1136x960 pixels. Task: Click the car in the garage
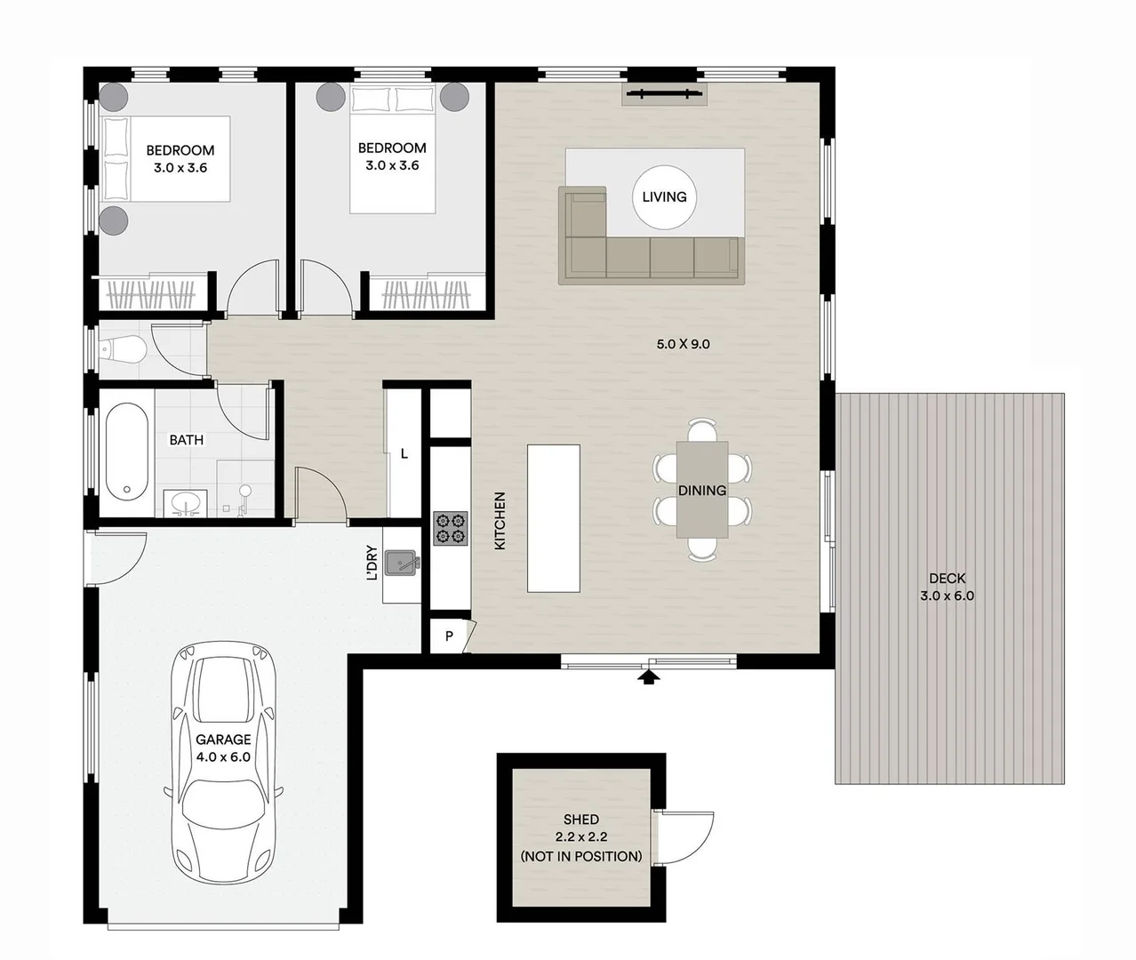point(224,764)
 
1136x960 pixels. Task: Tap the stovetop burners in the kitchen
point(451,528)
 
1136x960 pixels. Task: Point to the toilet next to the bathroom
point(124,350)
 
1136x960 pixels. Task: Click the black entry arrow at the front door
point(650,678)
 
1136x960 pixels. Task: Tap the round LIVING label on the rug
point(664,197)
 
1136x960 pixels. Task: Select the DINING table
point(702,490)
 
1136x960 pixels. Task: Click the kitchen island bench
point(553,518)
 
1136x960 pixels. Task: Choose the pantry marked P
point(450,636)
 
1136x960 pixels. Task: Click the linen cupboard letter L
point(404,454)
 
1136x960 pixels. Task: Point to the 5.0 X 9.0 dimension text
point(683,344)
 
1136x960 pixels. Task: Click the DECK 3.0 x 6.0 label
point(947,588)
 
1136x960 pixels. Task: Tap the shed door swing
point(686,836)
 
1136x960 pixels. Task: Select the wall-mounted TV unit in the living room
point(663,94)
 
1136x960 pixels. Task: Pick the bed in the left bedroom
point(166,158)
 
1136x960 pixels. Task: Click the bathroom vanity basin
point(186,503)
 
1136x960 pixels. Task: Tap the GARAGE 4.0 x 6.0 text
point(223,748)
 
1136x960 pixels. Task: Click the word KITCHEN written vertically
point(500,521)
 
